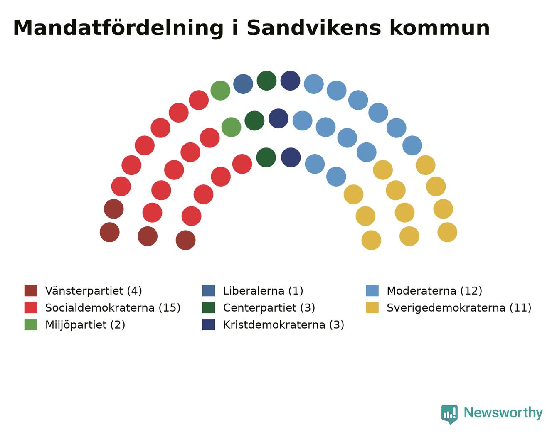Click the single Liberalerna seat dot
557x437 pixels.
243,84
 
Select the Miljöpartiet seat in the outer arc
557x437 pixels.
220,91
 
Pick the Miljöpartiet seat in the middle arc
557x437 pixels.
231,127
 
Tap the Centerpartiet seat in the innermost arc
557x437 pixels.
266,157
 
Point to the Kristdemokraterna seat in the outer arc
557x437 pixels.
290,81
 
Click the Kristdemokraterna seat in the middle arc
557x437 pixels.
278,119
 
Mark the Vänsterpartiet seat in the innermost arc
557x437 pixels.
185,240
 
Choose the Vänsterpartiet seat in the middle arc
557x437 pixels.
148,236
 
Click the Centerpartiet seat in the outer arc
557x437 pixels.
266,81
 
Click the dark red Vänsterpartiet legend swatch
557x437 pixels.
31,291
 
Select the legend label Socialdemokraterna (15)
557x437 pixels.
113,308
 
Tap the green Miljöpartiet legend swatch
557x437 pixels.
31,324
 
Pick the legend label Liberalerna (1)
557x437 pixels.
263,291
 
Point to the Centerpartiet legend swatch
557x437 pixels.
209,308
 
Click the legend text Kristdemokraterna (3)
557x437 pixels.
283,324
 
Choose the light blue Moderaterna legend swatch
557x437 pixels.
372,291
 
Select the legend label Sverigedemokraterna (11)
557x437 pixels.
459,308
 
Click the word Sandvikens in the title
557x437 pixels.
314,28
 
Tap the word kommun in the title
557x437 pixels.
439,28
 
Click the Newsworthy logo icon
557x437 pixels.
449,415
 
